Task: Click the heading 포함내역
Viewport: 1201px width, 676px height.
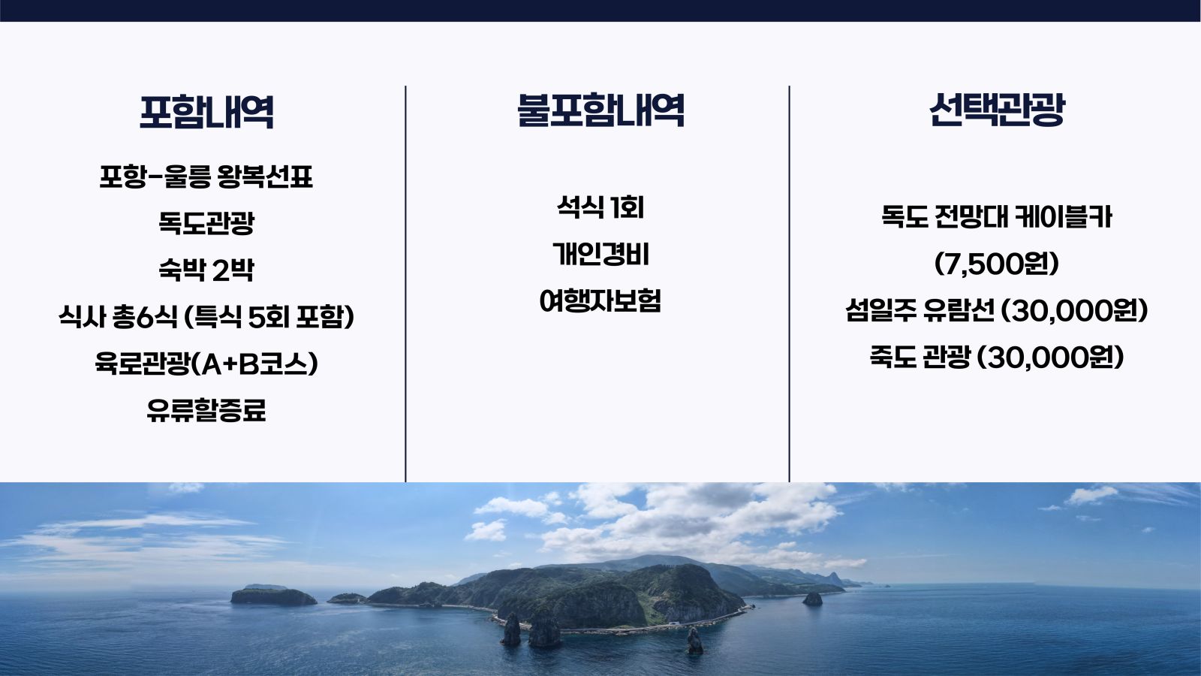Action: coord(206,112)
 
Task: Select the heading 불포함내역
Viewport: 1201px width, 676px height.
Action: coord(600,110)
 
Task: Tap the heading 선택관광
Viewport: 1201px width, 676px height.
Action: coord(997,110)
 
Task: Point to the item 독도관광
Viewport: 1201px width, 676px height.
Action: coord(206,223)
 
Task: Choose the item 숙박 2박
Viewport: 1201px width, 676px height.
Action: coord(206,270)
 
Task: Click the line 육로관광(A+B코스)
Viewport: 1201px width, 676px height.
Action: coord(206,364)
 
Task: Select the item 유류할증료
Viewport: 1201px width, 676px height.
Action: coord(206,410)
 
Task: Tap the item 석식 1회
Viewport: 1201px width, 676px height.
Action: coord(600,207)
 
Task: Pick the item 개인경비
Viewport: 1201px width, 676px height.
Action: coord(600,254)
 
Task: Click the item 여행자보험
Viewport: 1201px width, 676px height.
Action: coord(600,300)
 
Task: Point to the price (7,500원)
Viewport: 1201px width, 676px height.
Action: coord(996,264)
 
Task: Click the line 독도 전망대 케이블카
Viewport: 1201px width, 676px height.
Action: coord(997,217)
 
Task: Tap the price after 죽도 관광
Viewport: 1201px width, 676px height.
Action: coord(1051,358)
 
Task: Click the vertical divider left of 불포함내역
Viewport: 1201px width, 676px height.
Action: coord(405,284)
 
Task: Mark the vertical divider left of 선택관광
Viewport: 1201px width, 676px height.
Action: coord(789,284)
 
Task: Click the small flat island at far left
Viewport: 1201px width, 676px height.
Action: coord(273,596)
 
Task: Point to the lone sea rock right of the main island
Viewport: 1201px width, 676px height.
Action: coord(812,599)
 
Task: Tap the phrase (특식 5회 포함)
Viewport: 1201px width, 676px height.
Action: coord(269,317)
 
